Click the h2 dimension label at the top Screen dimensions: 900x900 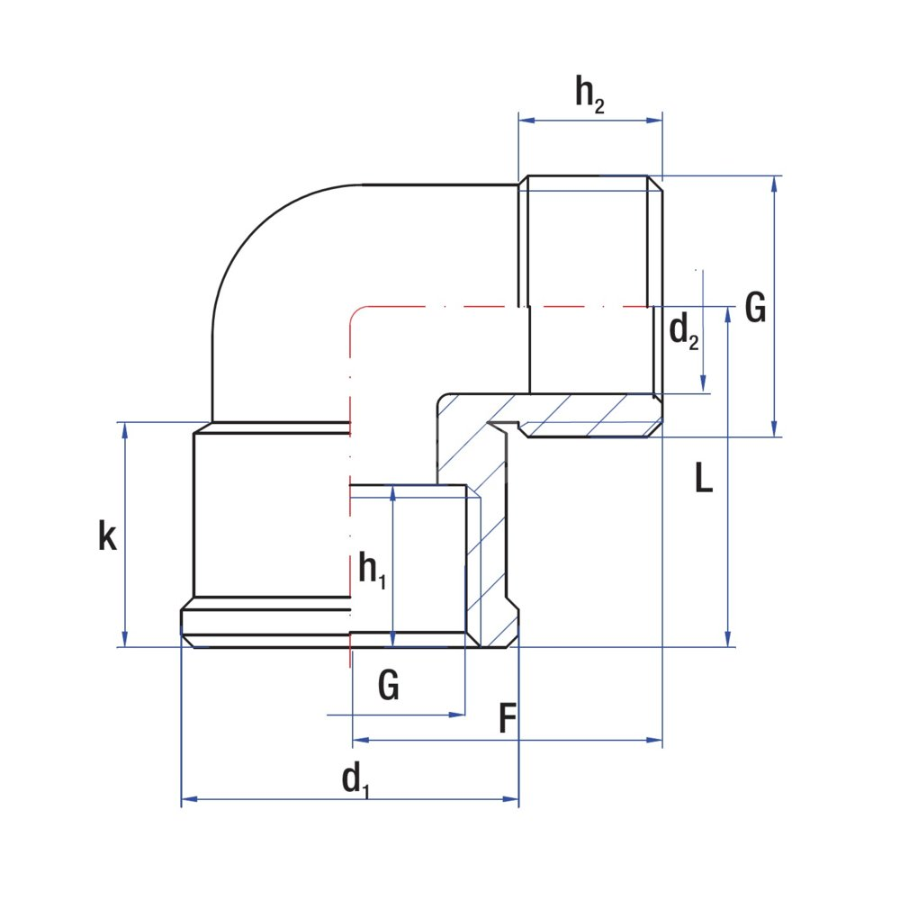pyautogui.click(x=589, y=94)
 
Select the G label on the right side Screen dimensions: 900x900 pyautogui.click(x=755, y=309)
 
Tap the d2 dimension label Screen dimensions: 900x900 pyautogui.click(x=683, y=334)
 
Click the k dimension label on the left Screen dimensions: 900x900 pyautogui.click(x=107, y=536)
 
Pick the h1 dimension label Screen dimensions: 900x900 pyautogui.click(x=372, y=570)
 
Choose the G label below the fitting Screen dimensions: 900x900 pyautogui.click(x=388, y=687)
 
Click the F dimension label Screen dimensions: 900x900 pyautogui.click(x=508, y=719)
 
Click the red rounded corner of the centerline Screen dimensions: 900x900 pyautogui.click(x=355, y=314)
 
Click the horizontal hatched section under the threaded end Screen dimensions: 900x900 pyautogui.click(x=585, y=416)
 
